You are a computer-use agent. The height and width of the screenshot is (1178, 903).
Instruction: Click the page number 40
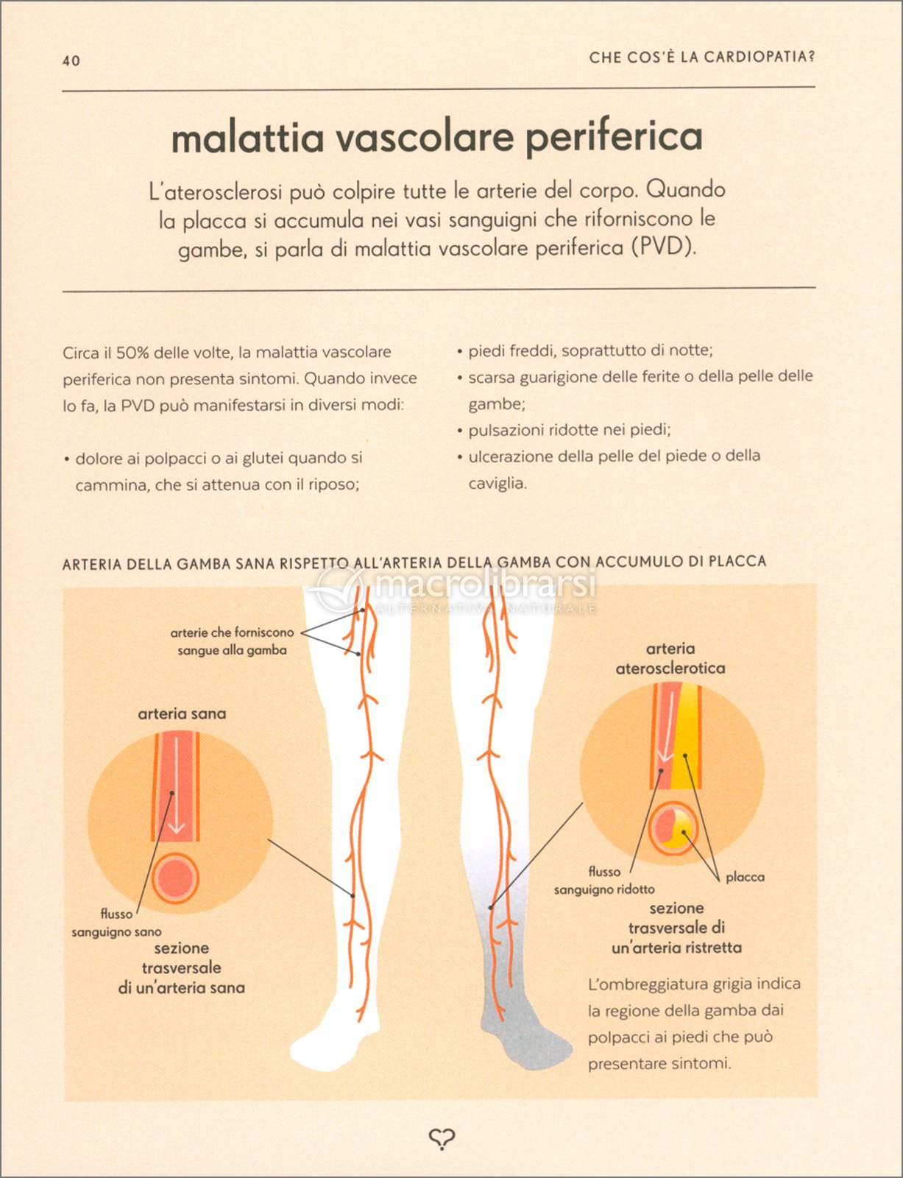point(71,60)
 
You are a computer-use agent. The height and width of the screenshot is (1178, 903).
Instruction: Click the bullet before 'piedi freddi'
point(459,353)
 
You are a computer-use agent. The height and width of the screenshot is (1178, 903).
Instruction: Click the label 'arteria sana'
point(182,714)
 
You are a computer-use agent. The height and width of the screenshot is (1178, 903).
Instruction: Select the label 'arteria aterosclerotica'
point(670,658)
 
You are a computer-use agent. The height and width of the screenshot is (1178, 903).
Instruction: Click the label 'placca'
point(746,877)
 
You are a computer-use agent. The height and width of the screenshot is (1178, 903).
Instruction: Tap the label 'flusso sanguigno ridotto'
point(604,881)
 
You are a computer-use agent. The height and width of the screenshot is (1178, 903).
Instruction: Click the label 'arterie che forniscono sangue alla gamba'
point(232,641)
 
